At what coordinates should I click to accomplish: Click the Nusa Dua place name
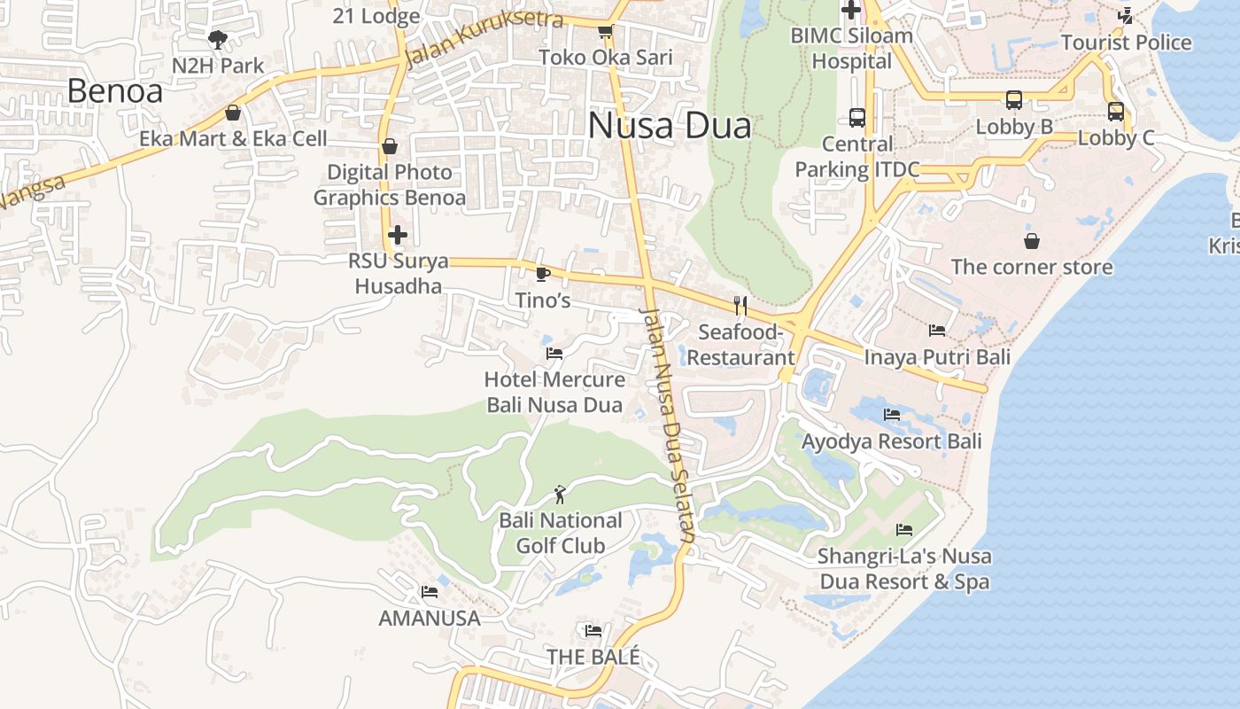point(670,125)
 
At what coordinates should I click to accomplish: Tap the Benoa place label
point(115,90)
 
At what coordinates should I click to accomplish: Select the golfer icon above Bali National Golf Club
point(560,494)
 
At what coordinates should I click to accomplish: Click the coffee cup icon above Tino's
point(543,274)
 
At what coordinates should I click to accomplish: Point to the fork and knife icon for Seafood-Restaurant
point(740,306)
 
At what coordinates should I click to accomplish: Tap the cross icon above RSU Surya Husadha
point(398,235)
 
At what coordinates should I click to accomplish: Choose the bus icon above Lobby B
point(1014,100)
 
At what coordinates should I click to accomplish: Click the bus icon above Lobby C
point(1116,112)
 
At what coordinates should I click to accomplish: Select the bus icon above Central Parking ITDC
point(856,117)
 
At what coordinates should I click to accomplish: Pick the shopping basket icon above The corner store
point(1032,240)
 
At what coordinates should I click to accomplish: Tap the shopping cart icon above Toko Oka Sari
point(606,32)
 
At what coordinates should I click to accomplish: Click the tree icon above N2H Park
point(217,39)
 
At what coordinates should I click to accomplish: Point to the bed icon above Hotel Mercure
point(554,353)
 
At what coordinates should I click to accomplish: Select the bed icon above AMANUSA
point(430,591)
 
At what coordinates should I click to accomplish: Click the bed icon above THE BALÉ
point(593,630)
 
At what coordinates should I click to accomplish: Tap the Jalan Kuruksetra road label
point(472,38)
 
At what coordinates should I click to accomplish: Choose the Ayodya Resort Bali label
point(892,440)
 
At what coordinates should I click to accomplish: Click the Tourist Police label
point(1126,42)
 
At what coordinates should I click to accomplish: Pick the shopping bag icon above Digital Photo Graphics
point(390,146)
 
